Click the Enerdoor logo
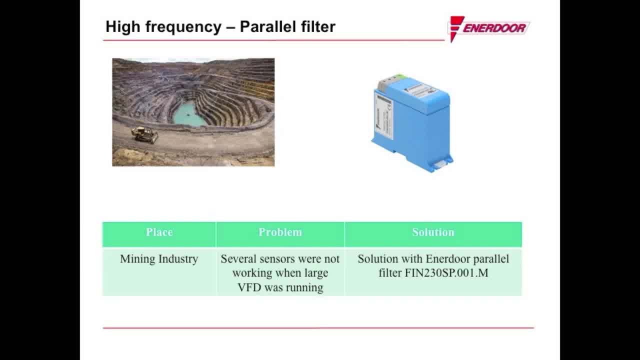pyautogui.click(x=488, y=28)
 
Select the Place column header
pyautogui.click(x=159, y=232)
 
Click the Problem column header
pyautogui.click(x=280, y=232)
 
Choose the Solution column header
pyautogui.click(x=433, y=232)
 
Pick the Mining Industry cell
pyautogui.click(x=159, y=259)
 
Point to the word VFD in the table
pyautogui.click(x=248, y=287)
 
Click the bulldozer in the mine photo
pyautogui.click(x=144, y=134)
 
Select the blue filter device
pyautogui.click(x=412, y=125)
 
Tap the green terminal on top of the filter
pyautogui.click(x=399, y=77)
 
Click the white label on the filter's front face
pyautogui.click(x=384, y=116)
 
